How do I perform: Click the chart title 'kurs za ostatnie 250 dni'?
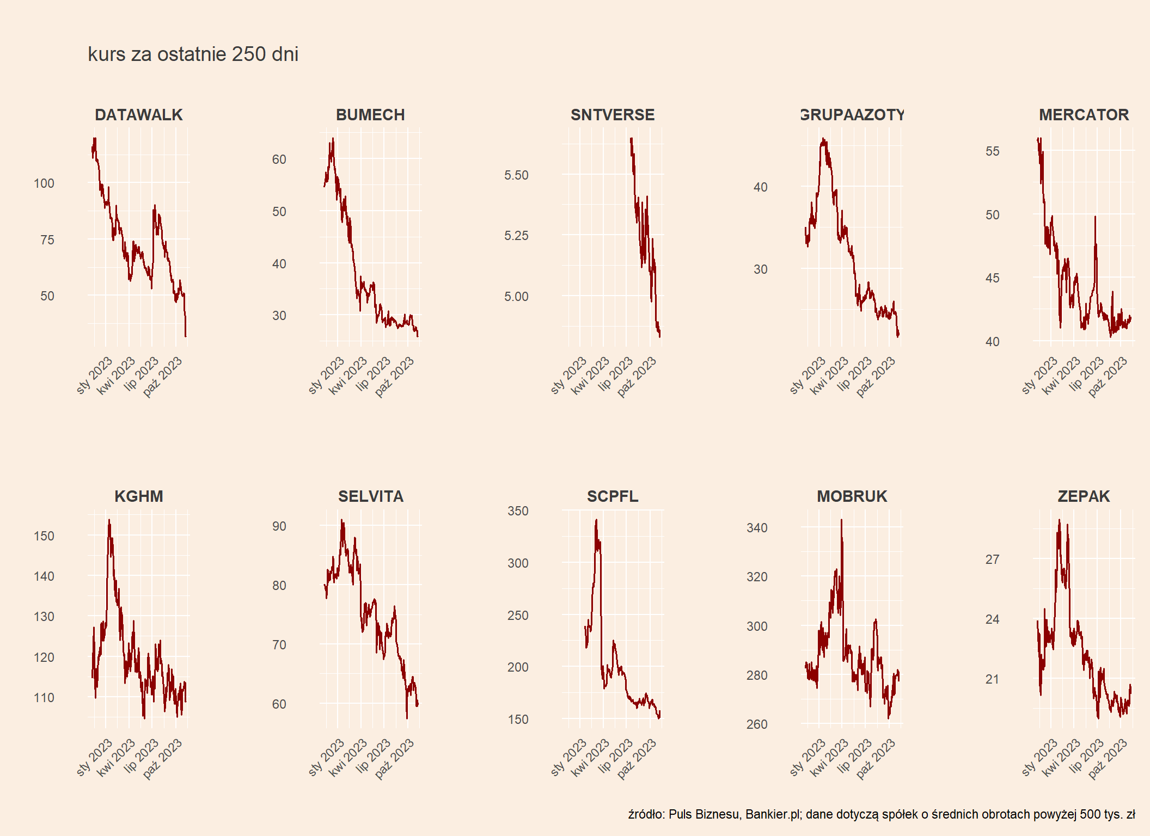point(193,54)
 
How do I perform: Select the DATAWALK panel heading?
point(139,115)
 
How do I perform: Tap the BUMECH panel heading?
point(370,115)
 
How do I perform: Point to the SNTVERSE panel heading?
point(613,115)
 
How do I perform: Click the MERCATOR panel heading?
point(1084,115)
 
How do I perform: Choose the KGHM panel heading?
point(139,496)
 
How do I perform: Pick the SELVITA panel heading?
point(371,496)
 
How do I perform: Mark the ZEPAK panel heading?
point(1084,496)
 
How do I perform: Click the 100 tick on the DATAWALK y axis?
point(44,183)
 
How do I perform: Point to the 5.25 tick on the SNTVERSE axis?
point(516,236)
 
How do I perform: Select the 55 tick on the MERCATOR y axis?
point(992,151)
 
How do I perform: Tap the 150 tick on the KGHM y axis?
point(44,536)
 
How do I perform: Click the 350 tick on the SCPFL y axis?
point(518,511)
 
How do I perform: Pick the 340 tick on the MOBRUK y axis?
point(757,528)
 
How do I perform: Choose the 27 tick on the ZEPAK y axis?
point(992,560)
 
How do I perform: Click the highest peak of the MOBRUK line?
point(841,520)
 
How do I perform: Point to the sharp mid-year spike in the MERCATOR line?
point(1095,217)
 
